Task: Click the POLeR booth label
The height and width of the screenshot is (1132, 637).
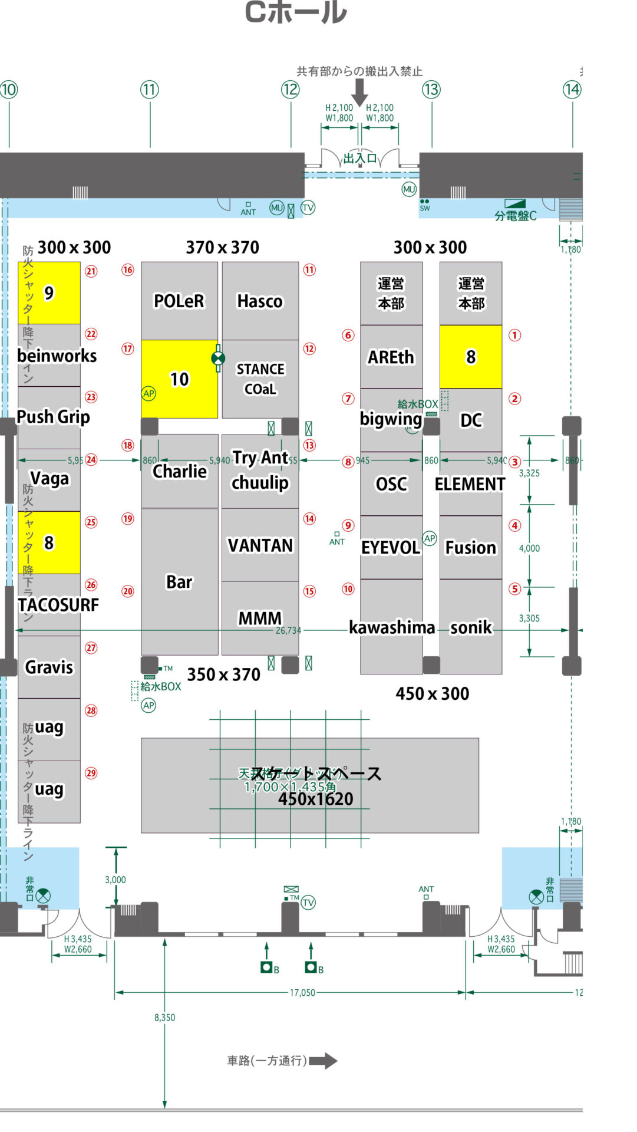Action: coord(179,301)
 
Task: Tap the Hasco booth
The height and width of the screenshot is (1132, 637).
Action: coord(260,301)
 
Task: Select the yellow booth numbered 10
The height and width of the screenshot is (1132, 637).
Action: coord(179,379)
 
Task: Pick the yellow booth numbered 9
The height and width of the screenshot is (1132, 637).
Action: coord(49,293)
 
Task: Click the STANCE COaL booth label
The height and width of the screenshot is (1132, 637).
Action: coord(260,379)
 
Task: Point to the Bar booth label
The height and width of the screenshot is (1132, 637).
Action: coord(179,582)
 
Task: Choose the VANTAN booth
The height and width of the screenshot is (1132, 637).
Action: coord(260,545)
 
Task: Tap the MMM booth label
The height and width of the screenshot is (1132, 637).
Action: coord(260,618)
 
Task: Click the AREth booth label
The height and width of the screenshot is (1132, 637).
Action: coord(391,357)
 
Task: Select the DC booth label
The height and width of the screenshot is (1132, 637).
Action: coord(471,420)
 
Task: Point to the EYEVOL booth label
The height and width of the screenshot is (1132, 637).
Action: coord(391,548)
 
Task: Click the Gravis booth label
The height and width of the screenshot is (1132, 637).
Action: coord(49,667)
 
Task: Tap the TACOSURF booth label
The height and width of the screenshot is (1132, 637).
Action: coord(58,605)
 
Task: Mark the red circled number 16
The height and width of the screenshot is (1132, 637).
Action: coord(128,270)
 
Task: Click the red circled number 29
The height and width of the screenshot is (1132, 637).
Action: coord(91,773)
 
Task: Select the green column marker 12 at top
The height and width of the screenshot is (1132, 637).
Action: coord(291,90)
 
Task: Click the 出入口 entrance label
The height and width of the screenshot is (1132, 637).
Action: coord(360,158)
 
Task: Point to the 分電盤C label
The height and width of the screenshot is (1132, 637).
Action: coord(516,216)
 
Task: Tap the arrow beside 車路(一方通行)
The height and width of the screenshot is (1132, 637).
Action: coord(324,1061)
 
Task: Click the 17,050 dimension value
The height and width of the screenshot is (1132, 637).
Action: coord(302,993)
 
